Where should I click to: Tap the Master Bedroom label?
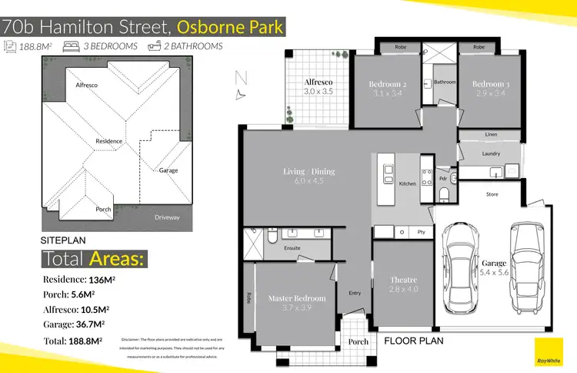[x=297, y=298]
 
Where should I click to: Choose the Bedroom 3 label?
[x=491, y=84]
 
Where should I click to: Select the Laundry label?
[x=491, y=153]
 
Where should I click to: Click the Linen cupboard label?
[x=491, y=135]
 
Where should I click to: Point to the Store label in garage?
[x=492, y=194]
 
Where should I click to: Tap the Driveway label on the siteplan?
[x=167, y=217]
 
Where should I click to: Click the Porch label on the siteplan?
[x=103, y=210]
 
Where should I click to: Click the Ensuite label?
[x=292, y=248]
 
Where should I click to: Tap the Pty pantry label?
[x=422, y=231]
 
